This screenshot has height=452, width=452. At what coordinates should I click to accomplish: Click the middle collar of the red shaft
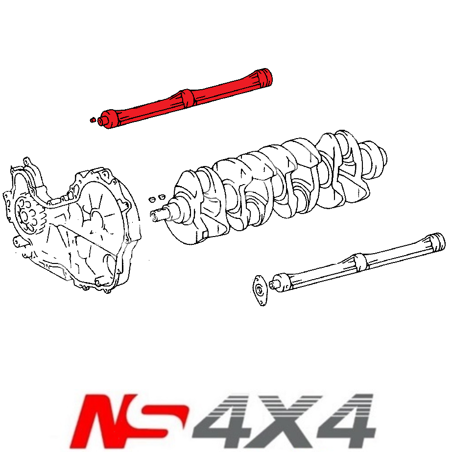tap(189, 97)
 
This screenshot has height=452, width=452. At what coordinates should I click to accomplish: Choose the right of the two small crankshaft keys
tap(160, 197)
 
